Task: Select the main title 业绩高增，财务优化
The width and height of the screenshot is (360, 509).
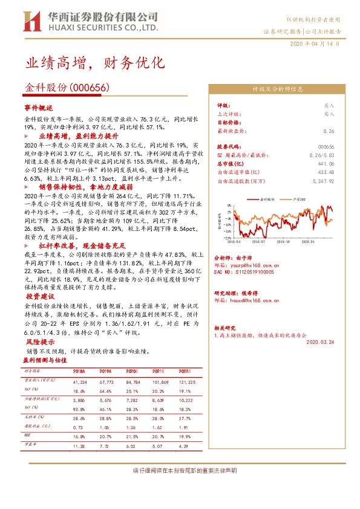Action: click(94, 63)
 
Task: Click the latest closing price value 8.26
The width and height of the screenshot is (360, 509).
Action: click(329, 131)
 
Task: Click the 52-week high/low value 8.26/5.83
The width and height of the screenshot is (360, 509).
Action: click(321, 155)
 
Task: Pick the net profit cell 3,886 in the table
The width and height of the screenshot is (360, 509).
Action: click(79, 400)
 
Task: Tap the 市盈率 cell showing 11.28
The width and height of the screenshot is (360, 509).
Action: click(79, 446)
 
